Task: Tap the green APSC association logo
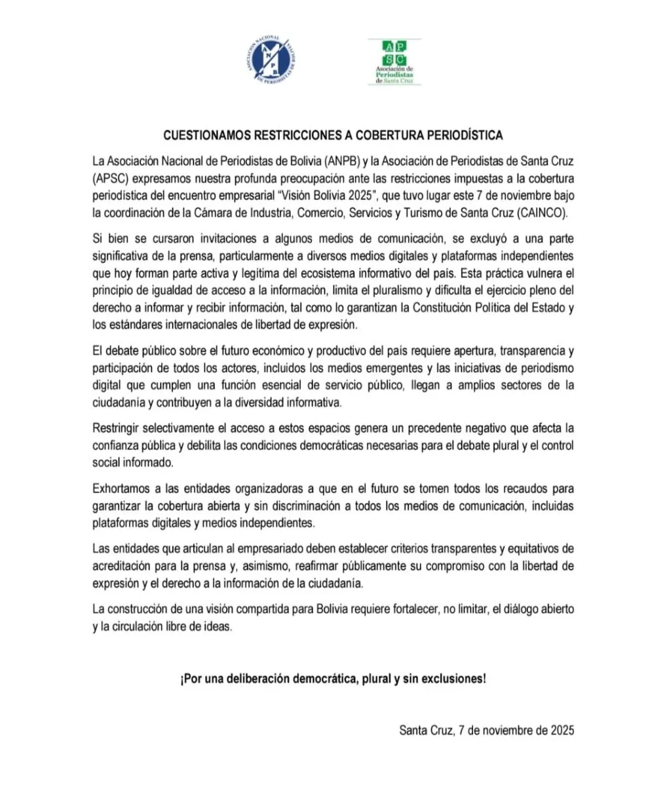click(394, 62)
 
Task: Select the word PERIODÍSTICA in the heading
click(465, 136)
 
